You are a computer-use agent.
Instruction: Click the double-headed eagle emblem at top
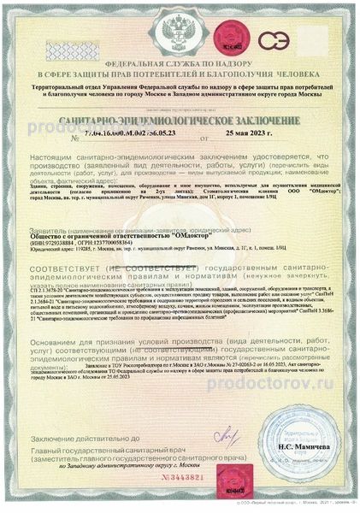(x=180, y=35)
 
